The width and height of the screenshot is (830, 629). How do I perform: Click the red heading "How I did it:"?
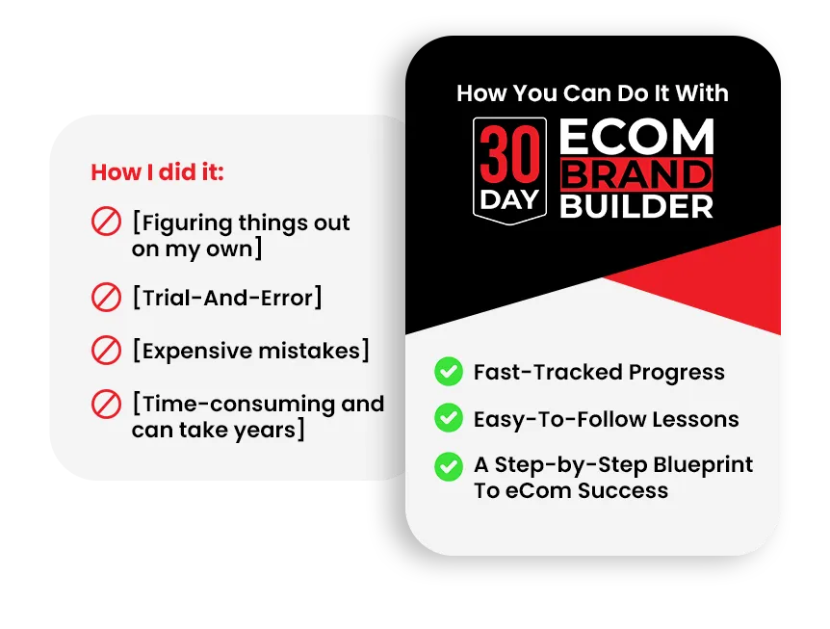click(157, 172)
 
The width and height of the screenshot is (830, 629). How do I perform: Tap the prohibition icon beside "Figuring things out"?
click(106, 222)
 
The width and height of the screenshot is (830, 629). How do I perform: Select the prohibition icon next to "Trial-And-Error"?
click(106, 297)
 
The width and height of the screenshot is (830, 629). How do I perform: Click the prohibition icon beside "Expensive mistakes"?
click(106, 350)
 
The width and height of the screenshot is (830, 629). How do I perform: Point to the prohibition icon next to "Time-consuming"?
click(106, 404)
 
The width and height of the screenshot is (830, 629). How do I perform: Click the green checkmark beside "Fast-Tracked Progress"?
click(449, 371)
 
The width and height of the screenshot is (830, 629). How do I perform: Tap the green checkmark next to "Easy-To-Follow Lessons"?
click(449, 418)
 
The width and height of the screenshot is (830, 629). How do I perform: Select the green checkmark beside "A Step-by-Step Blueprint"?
click(449, 466)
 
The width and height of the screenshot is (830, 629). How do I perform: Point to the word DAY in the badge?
click(509, 200)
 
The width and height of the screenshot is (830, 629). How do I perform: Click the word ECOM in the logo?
click(636, 137)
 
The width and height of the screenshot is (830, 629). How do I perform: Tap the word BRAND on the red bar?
click(636, 174)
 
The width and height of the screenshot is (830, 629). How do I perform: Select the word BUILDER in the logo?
click(636, 206)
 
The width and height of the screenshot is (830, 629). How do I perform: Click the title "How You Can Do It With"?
click(592, 93)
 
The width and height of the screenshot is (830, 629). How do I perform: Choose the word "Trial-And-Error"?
click(227, 298)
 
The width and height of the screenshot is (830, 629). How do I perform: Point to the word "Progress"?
click(677, 373)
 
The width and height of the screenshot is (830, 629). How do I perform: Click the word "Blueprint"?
click(703, 466)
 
